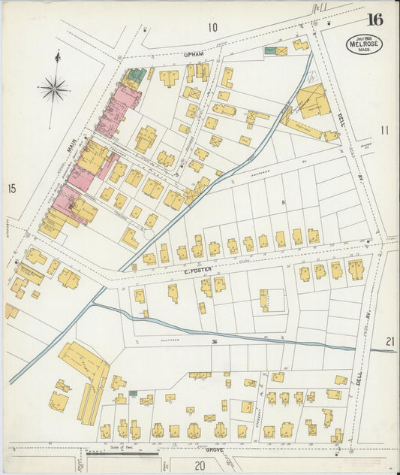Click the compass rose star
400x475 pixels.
(x=54, y=89)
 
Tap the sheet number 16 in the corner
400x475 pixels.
(x=374, y=20)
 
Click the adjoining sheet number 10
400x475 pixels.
(x=213, y=28)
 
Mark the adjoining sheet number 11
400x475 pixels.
(x=385, y=130)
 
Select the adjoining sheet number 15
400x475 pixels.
(x=11, y=188)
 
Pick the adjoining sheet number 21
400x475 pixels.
(x=389, y=342)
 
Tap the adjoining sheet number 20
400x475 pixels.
(x=200, y=466)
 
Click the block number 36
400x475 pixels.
(x=214, y=343)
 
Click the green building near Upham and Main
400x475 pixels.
(x=136, y=75)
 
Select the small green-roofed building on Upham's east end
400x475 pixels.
(x=269, y=51)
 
